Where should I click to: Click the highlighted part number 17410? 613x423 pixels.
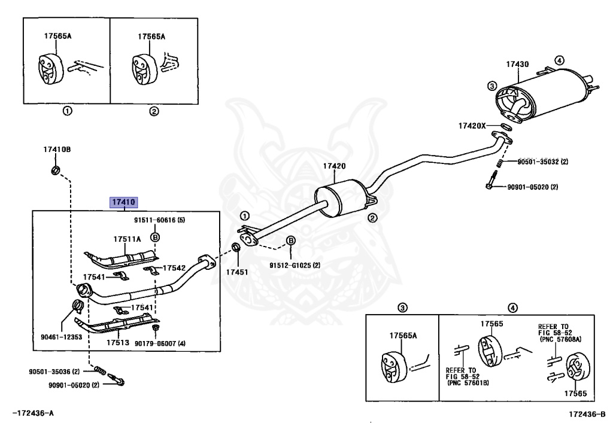124,202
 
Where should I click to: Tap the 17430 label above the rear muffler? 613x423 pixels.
517,64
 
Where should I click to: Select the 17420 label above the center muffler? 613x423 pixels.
334,166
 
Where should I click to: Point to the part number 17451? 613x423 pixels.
237,272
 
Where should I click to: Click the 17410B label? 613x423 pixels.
57,149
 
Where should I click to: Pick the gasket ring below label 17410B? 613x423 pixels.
56,170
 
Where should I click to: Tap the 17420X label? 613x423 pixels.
472,126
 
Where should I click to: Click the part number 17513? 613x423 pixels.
118,343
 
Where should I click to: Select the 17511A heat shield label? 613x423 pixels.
127,239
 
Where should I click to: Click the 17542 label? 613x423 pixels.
174,268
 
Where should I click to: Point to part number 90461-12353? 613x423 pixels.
62,337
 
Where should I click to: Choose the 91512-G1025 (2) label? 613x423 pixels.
295,265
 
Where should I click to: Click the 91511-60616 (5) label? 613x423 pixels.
159,220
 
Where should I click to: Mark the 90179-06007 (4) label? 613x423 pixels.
160,343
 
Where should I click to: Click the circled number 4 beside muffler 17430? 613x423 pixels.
560,60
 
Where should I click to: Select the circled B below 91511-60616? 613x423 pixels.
155,237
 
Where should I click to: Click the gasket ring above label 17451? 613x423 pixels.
236,247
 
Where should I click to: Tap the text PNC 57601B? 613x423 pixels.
468,383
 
